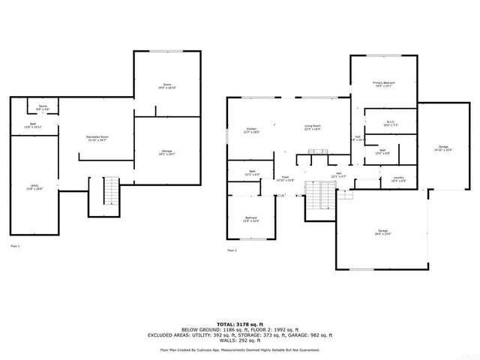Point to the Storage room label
tap(166, 153)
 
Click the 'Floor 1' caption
tap(15, 246)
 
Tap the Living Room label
tap(313, 127)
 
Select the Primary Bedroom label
tap(383, 84)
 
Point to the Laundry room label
tap(398, 179)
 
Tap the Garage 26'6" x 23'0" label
tap(382, 232)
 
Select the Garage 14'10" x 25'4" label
tap(443, 148)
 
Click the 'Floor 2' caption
tap(232, 250)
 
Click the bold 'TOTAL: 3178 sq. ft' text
tap(240, 323)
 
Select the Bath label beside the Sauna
tap(33, 125)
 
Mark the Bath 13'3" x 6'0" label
tap(250, 173)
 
